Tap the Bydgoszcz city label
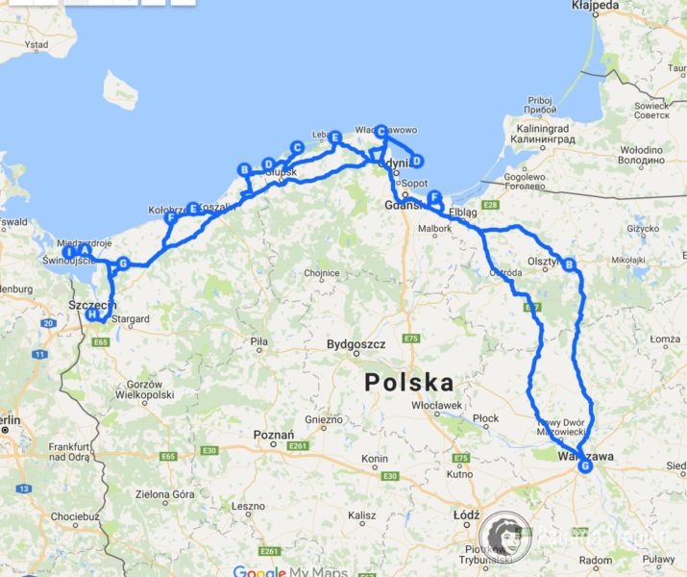[x=356, y=343]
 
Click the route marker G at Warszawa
[x=586, y=466]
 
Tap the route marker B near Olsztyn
[x=569, y=264]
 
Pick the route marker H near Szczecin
[x=92, y=314]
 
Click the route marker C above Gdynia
[x=380, y=131]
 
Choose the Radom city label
[x=596, y=560]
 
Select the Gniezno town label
[x=323, y=419]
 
